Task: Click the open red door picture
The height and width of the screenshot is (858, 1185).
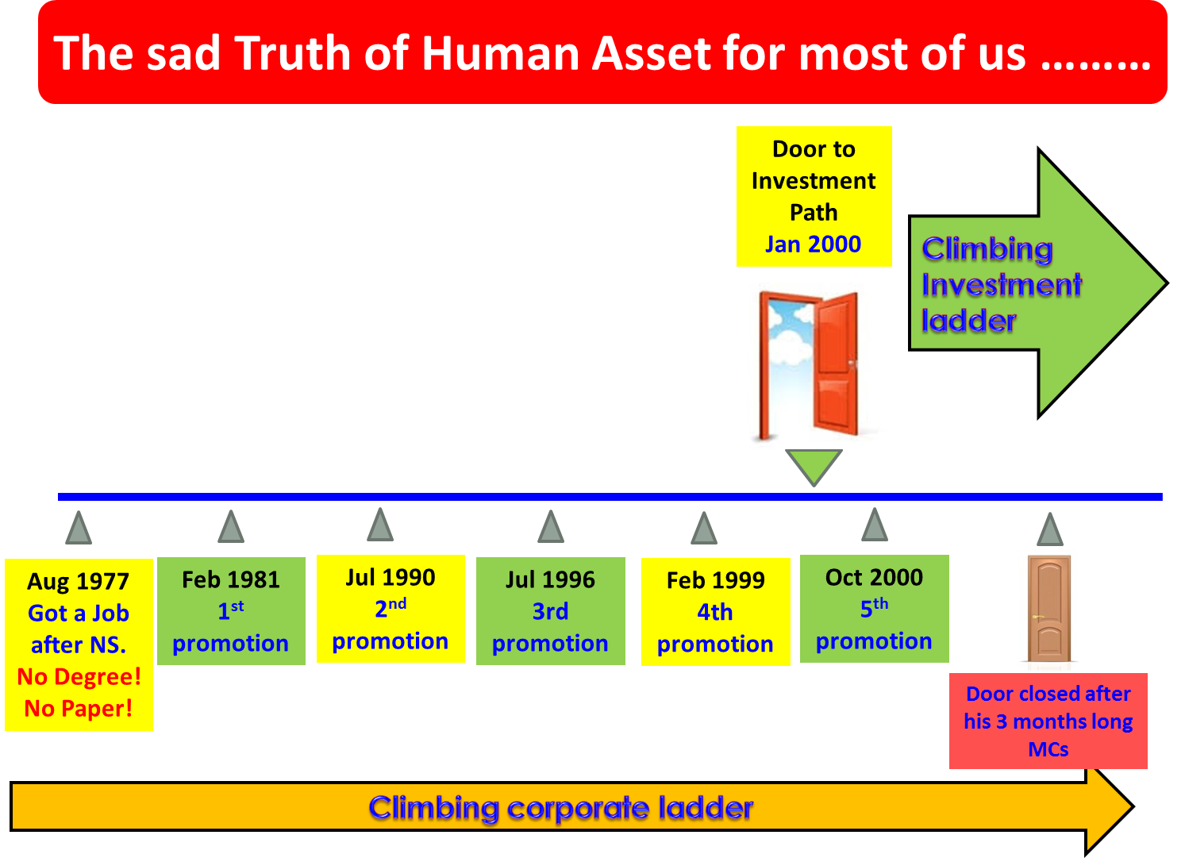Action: click(x=812, y=366)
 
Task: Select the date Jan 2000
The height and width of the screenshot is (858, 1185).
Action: click(x=813, y=244)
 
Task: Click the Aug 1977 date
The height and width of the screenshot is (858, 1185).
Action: click(x=78, y=582)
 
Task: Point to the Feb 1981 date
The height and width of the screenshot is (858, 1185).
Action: click(x=231, y=580)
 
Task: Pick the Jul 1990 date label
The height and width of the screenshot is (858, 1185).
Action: click(x=391, y=578)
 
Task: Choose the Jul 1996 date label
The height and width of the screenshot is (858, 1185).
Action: click(x=550, y=580)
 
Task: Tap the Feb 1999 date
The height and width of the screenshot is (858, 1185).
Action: click(x=715, y=581)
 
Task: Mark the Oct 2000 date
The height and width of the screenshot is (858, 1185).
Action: click(x=874, y=578)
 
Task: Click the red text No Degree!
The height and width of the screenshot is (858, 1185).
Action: click(x=79, y=677)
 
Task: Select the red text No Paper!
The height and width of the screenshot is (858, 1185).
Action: click(x=79, y=709)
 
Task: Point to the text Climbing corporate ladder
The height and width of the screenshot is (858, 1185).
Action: click(x=560, y=808)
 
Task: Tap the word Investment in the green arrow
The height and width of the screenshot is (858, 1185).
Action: click(x=1002, y=285)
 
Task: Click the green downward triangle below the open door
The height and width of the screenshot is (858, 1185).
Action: click(x=814, y=465)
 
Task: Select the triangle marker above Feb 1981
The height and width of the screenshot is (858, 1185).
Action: click(x=231, y=527)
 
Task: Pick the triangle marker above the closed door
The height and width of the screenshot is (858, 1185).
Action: click(x=1049, y=530)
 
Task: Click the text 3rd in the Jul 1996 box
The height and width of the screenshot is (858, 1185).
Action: click(x=550, y=612)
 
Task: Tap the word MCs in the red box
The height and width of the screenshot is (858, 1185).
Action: click(x=1048, y=749)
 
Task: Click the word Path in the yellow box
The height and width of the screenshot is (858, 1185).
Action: click(x=814, y=213)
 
